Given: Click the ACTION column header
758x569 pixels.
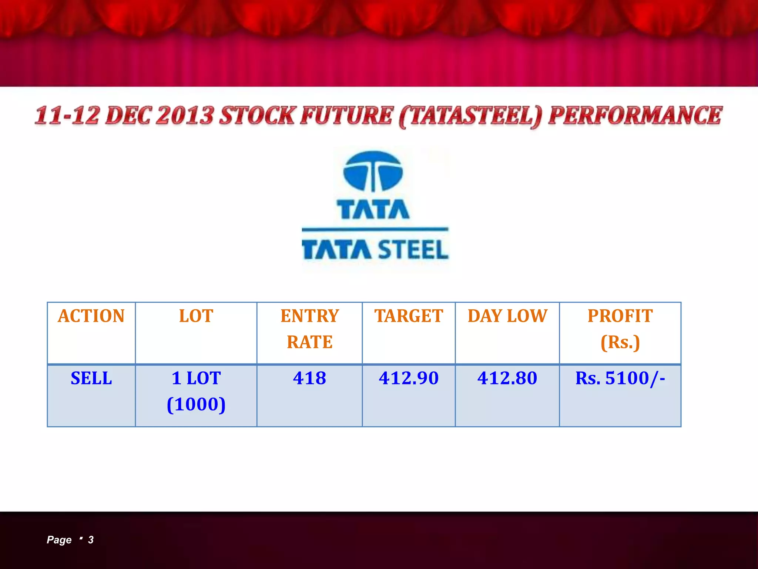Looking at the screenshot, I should coord(91,316).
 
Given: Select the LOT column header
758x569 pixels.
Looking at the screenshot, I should coord(196,316).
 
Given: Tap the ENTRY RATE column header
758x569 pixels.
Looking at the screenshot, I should coord(309,329).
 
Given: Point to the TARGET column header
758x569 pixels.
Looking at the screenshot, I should coord(409,316).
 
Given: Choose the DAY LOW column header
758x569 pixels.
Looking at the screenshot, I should coord(507,316).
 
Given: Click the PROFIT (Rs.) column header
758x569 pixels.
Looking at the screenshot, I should coord(620,329).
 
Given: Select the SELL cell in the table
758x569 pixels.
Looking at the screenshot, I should coord(91,378).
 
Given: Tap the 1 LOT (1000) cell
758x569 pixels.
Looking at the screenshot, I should coord(196,391).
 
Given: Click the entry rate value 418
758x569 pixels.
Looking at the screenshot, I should coord(309,378).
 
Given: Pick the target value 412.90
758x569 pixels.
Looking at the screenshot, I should coord(409,378).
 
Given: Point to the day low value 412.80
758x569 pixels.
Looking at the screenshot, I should coord(507,378).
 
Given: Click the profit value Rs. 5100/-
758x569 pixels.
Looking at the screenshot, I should coord(620,378).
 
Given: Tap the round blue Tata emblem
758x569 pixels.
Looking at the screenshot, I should coord(373,171).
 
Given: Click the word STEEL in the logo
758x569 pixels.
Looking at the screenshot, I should coord(413,249).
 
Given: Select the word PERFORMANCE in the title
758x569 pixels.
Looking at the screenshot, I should coord(635,116).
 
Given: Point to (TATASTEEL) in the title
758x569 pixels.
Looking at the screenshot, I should coord(470,116).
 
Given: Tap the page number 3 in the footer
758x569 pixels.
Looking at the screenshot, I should coord(91,540).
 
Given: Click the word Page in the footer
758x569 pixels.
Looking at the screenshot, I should coord(59,540).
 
